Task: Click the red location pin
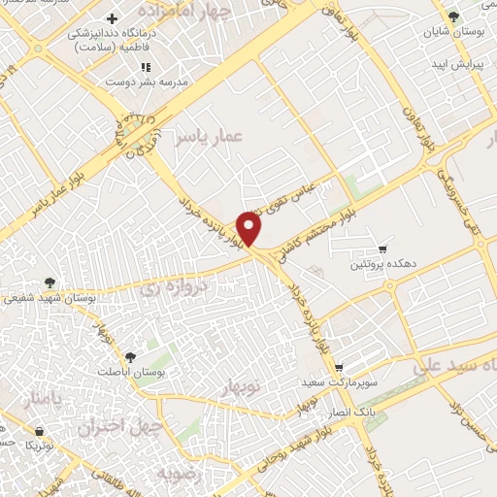pos(250,227)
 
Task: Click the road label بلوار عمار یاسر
pos(40,198)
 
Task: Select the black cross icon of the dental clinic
pos(113,19)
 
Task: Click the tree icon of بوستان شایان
pos(451,15)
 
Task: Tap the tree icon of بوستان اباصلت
pos(129,356)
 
